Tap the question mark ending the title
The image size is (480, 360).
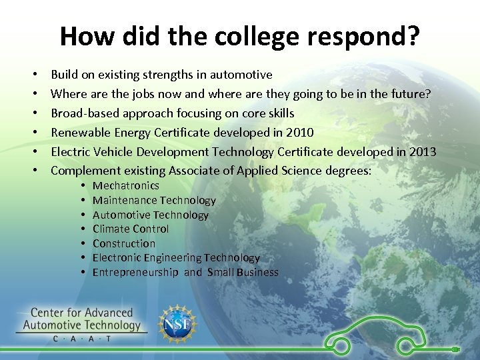coord(413,37)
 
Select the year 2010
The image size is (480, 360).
coord(299,133)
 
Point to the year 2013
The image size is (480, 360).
coord(422,152)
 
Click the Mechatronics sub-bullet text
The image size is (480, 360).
coord(125,185)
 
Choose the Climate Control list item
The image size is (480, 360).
coord(131,229)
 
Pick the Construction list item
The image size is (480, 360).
coord(124,243)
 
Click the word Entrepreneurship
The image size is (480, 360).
coord(135,272)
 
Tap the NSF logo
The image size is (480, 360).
coord(176,325)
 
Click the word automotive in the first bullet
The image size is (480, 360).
coord(240,75)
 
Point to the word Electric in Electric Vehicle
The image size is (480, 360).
coord(71,152)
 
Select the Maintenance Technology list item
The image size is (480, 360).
coord(154,200)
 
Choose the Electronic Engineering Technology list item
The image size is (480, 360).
coord(176,257)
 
